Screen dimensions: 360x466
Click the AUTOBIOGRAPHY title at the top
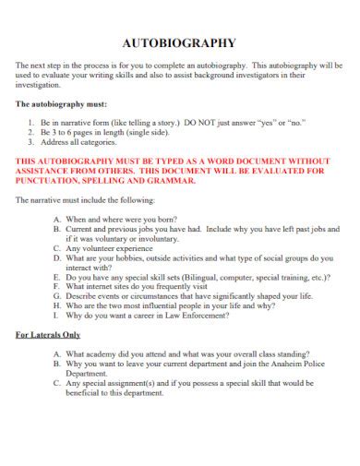click(x=179, y=42)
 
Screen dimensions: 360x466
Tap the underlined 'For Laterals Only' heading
click(x=49, y=334)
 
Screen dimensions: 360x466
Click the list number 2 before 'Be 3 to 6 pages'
click(x=32, y=132)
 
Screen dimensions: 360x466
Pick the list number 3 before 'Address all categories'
click(x=32, y=142)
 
